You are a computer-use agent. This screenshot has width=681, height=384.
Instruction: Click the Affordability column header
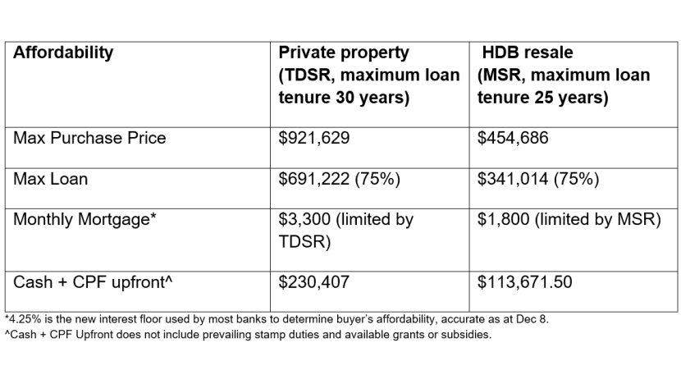pos(63,53)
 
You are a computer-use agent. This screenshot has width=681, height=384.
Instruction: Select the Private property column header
pos(344,53)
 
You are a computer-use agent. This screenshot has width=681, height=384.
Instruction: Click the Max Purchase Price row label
pos(89,138)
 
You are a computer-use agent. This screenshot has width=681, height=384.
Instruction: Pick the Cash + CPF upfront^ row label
pos(93,283)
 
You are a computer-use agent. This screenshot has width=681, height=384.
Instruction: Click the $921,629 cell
pos(314,138)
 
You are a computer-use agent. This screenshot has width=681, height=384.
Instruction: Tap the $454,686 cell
pos(513,138)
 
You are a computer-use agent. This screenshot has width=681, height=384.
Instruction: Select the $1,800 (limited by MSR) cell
pos(569,220)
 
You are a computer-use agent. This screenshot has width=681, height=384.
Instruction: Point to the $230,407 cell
pos(314,283)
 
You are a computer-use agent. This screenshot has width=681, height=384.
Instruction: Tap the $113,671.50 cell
pos(524,283)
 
